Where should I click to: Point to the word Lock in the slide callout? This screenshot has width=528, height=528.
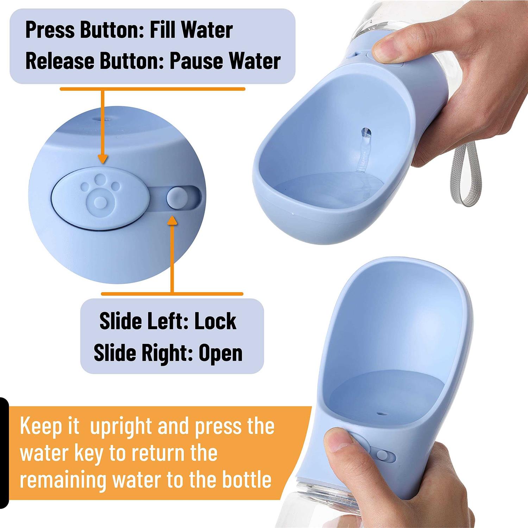click(215, 321)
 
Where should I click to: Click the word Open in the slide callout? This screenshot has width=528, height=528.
click(220, 353)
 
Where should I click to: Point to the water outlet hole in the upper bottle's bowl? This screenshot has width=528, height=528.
click(366, 133)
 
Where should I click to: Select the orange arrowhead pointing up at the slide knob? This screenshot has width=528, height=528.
click(172, 220)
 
